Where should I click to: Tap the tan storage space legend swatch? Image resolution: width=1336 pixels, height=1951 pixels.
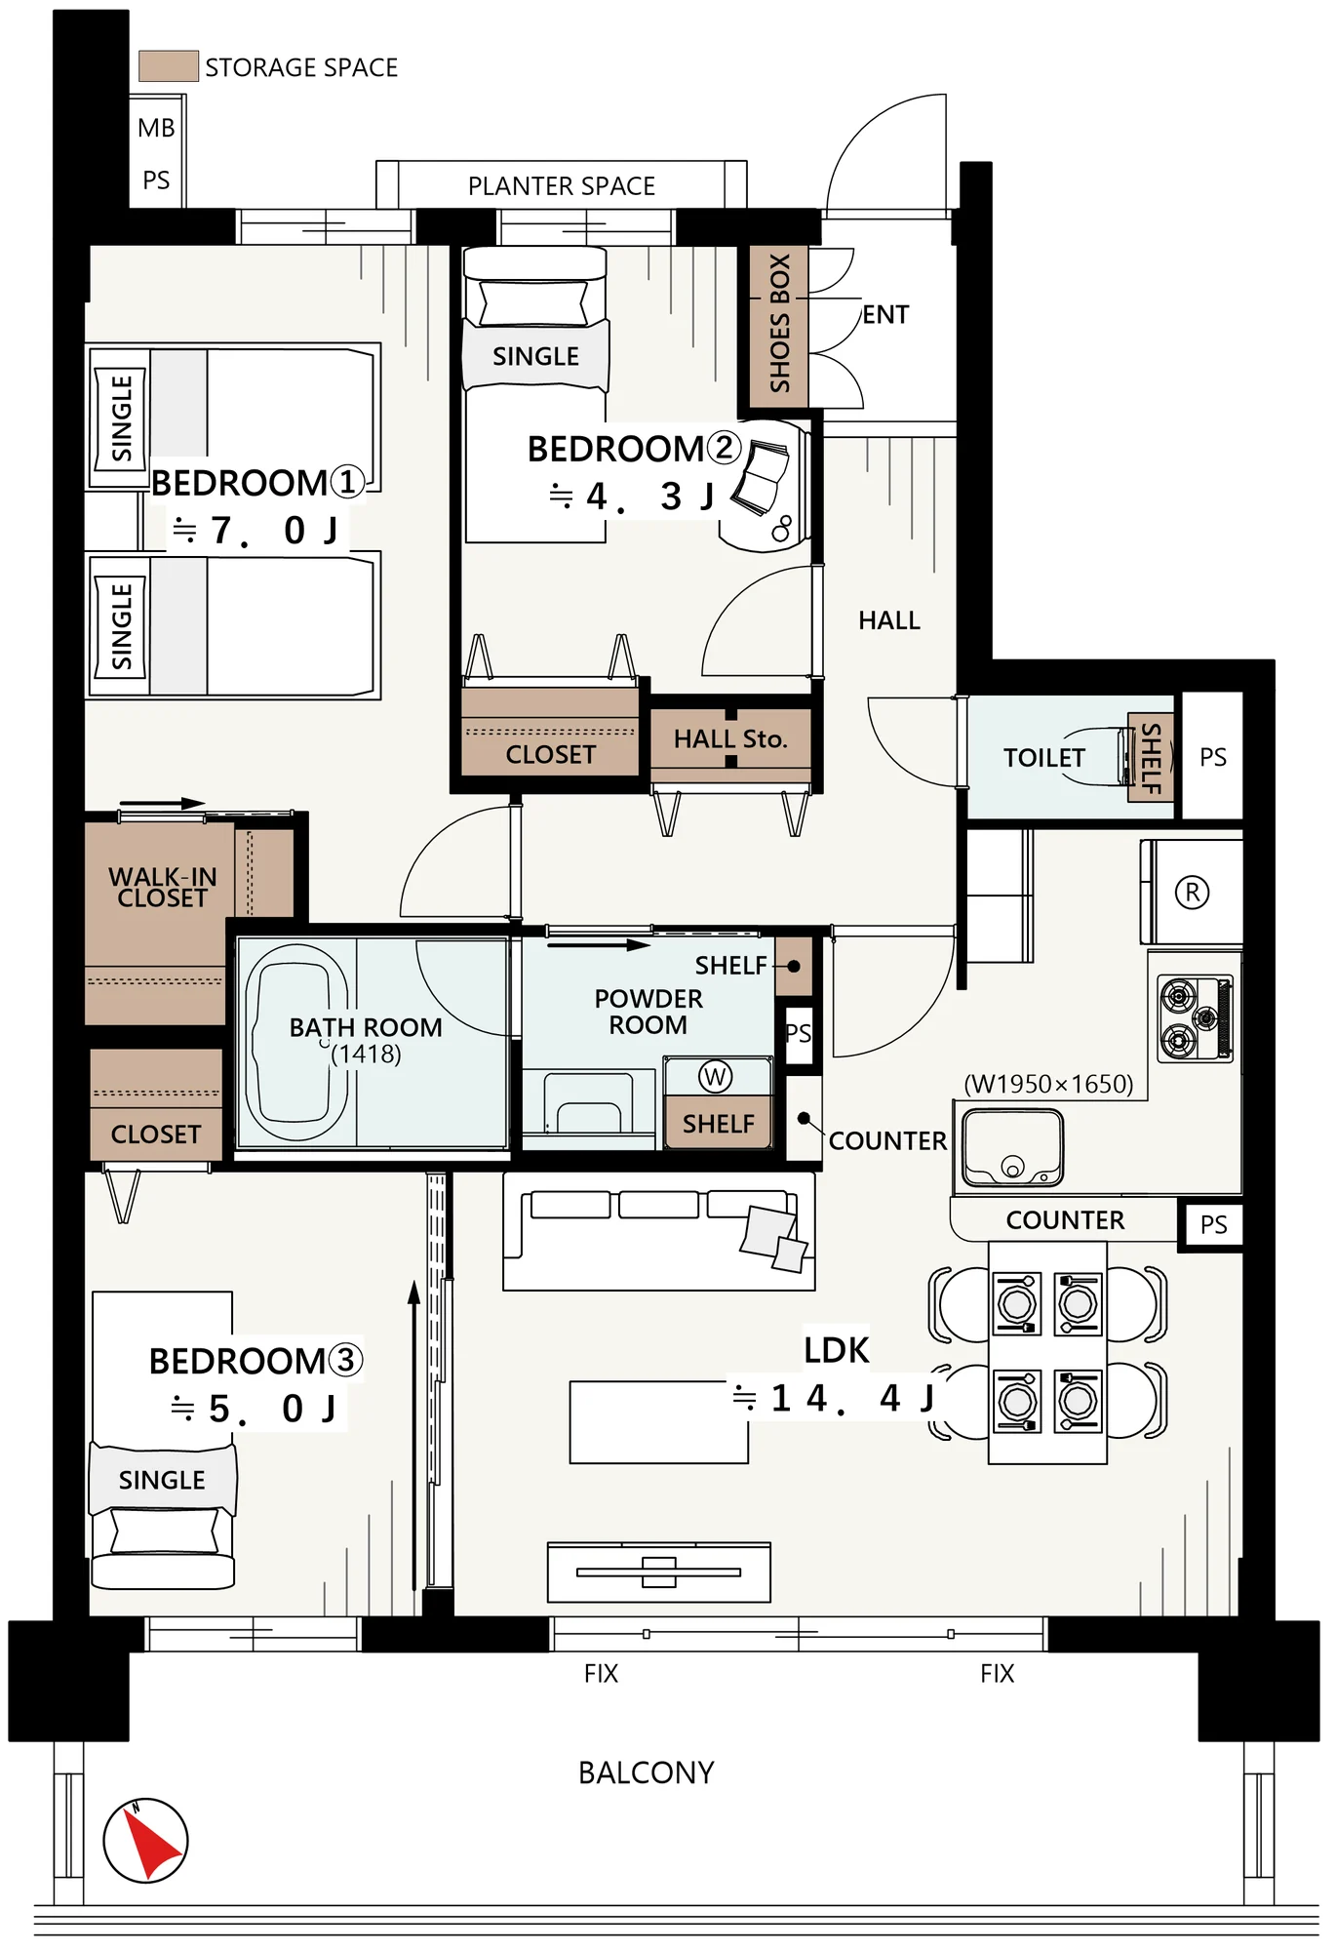pos(169,65)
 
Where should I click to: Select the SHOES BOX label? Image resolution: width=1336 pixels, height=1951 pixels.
pos(779,324)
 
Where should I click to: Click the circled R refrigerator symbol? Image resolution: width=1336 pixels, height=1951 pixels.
pos(1192,892)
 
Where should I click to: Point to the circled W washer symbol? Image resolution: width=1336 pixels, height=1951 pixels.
pos(715,1076)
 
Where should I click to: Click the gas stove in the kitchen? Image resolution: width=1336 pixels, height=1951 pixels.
pos(1196,1018)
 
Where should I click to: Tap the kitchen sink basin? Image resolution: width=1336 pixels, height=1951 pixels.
pos(1012,1148)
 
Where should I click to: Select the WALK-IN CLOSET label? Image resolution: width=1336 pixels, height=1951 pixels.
pos(162,887)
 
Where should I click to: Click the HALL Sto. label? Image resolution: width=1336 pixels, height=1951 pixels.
pos(729,738)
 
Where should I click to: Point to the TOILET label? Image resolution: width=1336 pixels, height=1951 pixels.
pos(1043,758)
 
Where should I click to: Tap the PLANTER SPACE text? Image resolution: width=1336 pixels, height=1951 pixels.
pos(562,185)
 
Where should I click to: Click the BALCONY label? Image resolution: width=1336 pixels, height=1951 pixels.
pos(646,1772)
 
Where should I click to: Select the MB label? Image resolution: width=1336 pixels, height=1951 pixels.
pos(156,128)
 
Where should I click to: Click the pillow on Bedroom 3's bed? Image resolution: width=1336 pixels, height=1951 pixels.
pos(164,1530)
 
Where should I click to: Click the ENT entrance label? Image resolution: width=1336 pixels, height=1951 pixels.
pos(885,314)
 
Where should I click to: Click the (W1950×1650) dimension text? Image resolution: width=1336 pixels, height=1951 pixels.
pos(1048,1084)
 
